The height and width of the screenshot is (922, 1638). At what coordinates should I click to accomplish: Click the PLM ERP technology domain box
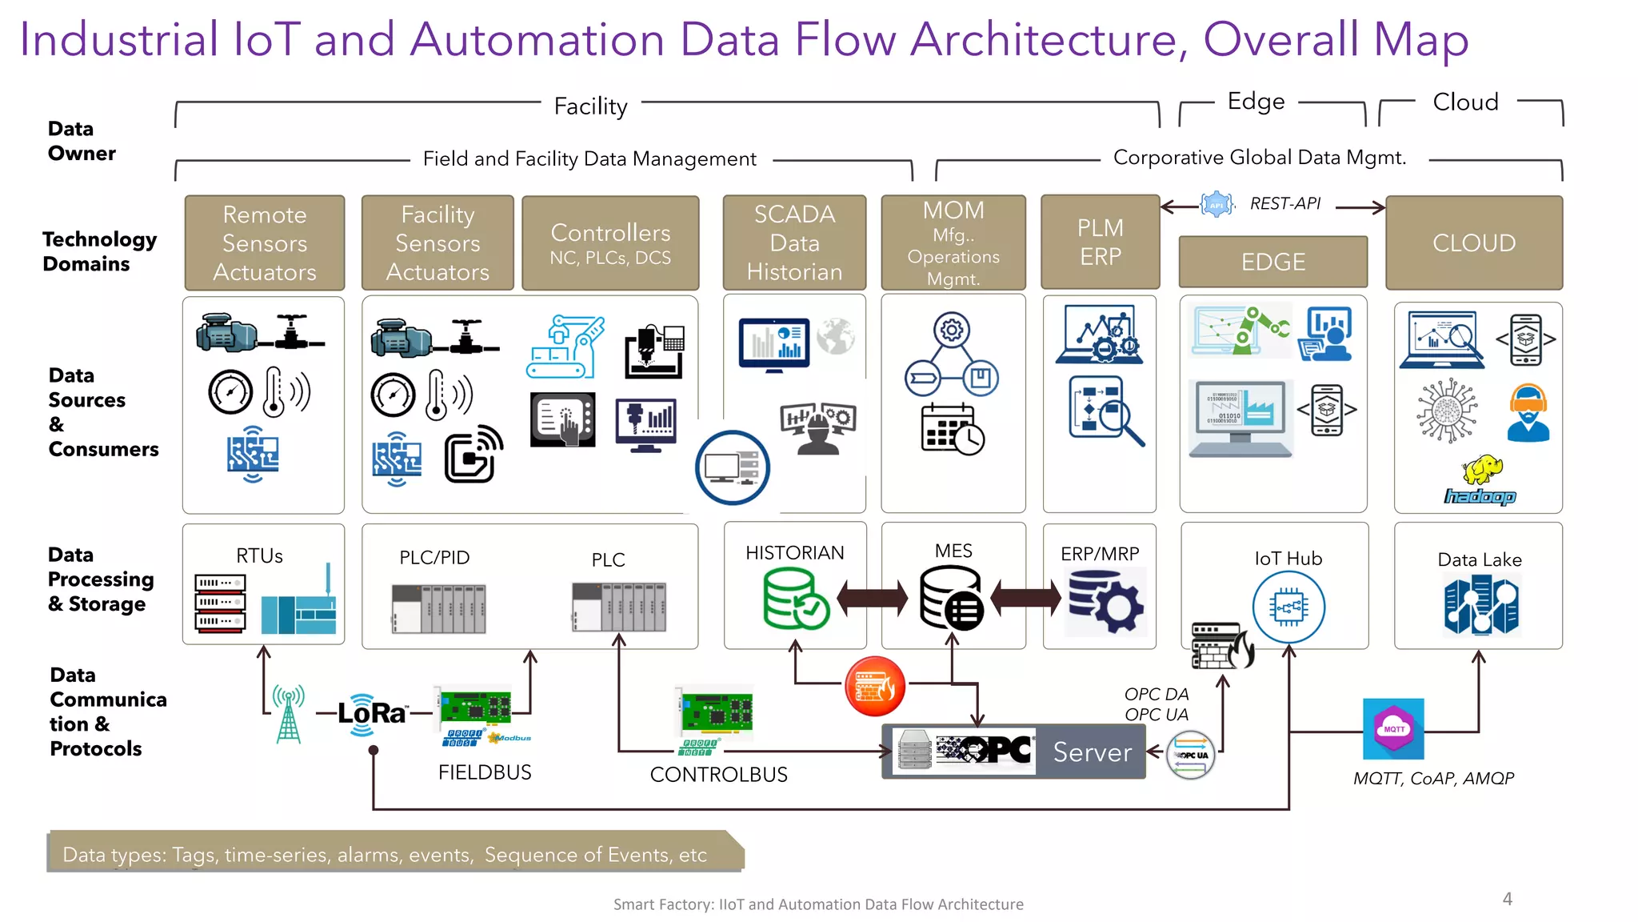pos(1100,242)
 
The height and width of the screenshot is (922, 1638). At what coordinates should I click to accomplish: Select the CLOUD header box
pos(1473,243)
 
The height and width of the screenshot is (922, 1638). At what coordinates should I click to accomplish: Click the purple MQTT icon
pos(1393,729)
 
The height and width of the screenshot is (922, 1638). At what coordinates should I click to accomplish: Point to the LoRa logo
pos(371,712)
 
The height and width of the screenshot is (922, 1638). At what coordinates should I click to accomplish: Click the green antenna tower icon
pos(288,714)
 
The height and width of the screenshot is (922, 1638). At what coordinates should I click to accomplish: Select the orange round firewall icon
pos(875,686)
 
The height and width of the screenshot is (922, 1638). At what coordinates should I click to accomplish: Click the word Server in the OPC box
pos(1092,752)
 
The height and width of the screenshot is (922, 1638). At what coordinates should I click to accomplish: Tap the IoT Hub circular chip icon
pos(1288,607)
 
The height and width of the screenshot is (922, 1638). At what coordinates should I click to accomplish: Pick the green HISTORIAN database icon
pos(794,598)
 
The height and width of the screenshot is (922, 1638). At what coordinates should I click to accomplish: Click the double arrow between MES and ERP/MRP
pos(1026,598)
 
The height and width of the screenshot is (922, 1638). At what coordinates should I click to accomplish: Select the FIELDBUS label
pos(485,772)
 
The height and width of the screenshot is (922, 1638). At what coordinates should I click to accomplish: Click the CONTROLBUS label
pos(718,775)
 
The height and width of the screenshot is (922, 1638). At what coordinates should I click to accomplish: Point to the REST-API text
pos(1284,204)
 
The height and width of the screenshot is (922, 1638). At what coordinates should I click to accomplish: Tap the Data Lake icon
pos(1480,607)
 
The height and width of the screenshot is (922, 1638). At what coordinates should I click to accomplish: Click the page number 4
pos(1507,899)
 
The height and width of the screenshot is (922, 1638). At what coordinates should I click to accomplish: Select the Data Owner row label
pos(82,141)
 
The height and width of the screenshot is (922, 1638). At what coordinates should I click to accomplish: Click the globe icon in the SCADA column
pos(836,336)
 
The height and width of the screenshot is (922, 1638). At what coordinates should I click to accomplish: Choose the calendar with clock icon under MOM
pos(951,430)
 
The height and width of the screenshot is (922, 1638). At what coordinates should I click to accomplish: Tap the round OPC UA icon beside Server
pos(1190,755)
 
